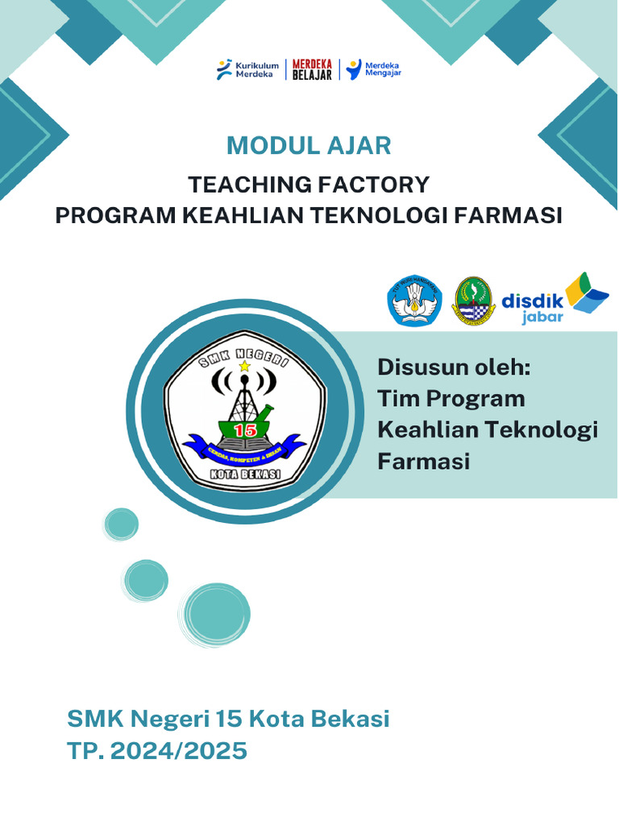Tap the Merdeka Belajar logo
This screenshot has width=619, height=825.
[312, 70]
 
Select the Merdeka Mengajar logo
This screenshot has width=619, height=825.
[373, 70]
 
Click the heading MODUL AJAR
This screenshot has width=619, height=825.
[309, 146]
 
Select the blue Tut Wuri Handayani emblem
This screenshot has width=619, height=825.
[415, 301]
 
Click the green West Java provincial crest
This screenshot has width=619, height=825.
[473, 301]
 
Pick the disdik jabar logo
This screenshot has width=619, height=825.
[555, 299]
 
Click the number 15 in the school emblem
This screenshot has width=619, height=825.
[244, 429]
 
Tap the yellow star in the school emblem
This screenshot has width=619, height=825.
[244, 367]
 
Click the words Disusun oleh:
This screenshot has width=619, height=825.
[454, 368]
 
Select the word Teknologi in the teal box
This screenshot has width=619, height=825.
[547, 430]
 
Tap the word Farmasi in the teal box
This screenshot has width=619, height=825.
[423, 462]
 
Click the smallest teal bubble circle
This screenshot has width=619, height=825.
[122, 524]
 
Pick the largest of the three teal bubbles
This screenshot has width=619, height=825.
[214, 614]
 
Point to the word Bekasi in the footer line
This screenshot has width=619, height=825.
[346, 718]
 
